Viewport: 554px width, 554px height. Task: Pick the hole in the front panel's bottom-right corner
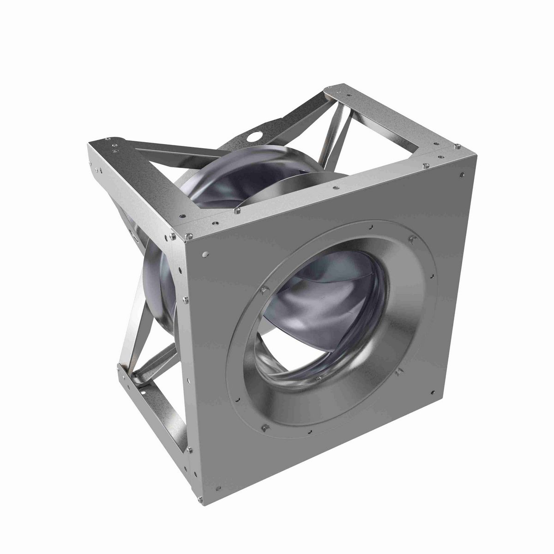[x=433, y=393]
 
